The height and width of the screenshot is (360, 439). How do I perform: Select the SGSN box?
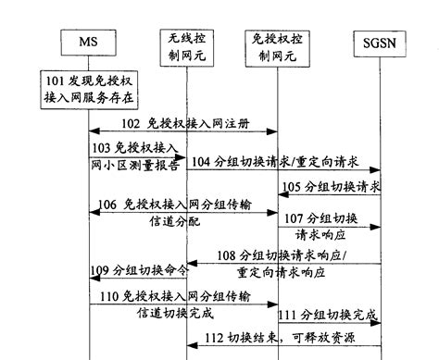[x=380, y=43]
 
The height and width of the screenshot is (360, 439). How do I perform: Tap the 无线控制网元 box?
[x=188, y=43]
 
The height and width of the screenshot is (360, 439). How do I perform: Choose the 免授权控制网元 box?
[x=278, y=43]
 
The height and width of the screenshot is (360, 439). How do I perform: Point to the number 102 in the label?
[x=131, y=124]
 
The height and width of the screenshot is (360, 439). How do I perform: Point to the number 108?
[x=228, y=255]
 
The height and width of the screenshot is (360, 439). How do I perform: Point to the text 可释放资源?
[x=332, y=337]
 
